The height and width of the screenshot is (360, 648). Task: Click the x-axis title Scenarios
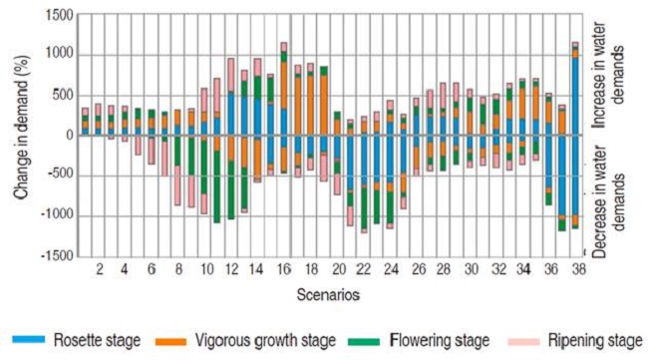(327, 296)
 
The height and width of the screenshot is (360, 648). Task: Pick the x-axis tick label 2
(99, 269)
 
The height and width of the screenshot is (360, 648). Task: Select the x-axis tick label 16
(284, 269)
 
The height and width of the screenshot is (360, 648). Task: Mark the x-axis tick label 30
(470, 269)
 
